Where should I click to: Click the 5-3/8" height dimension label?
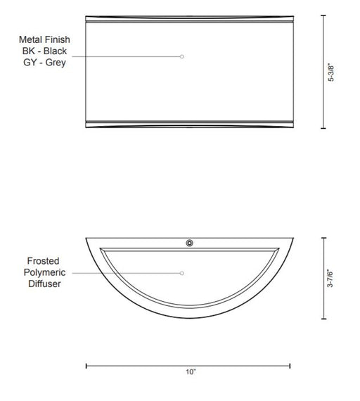pos(331,72)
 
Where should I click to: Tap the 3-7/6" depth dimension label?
pos(330,279)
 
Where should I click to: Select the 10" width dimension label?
pos(191,372)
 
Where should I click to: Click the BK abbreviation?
pos(28,51)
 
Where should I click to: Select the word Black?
pos(55,51)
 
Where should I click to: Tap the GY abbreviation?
pos(30,63)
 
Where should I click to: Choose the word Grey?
pos(56,63)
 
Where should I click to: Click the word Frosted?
pos(43,261)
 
